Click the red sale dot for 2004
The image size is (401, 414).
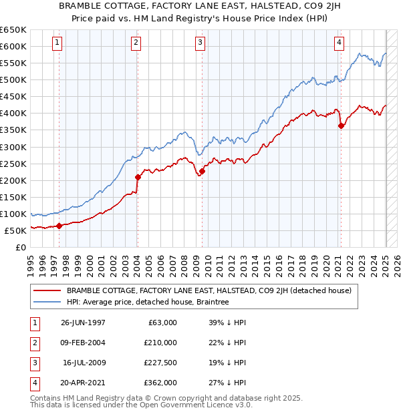(x=138, y=177)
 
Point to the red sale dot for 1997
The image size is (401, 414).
(x=59, y=226)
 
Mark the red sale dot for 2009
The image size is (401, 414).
(x=202, y=171)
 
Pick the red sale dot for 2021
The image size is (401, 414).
(x=341, y=126)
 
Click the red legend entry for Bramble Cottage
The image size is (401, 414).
(x=213, y=290)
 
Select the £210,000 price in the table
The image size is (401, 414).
(x=160, y=343)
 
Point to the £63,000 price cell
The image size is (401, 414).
(x=162, y=323)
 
